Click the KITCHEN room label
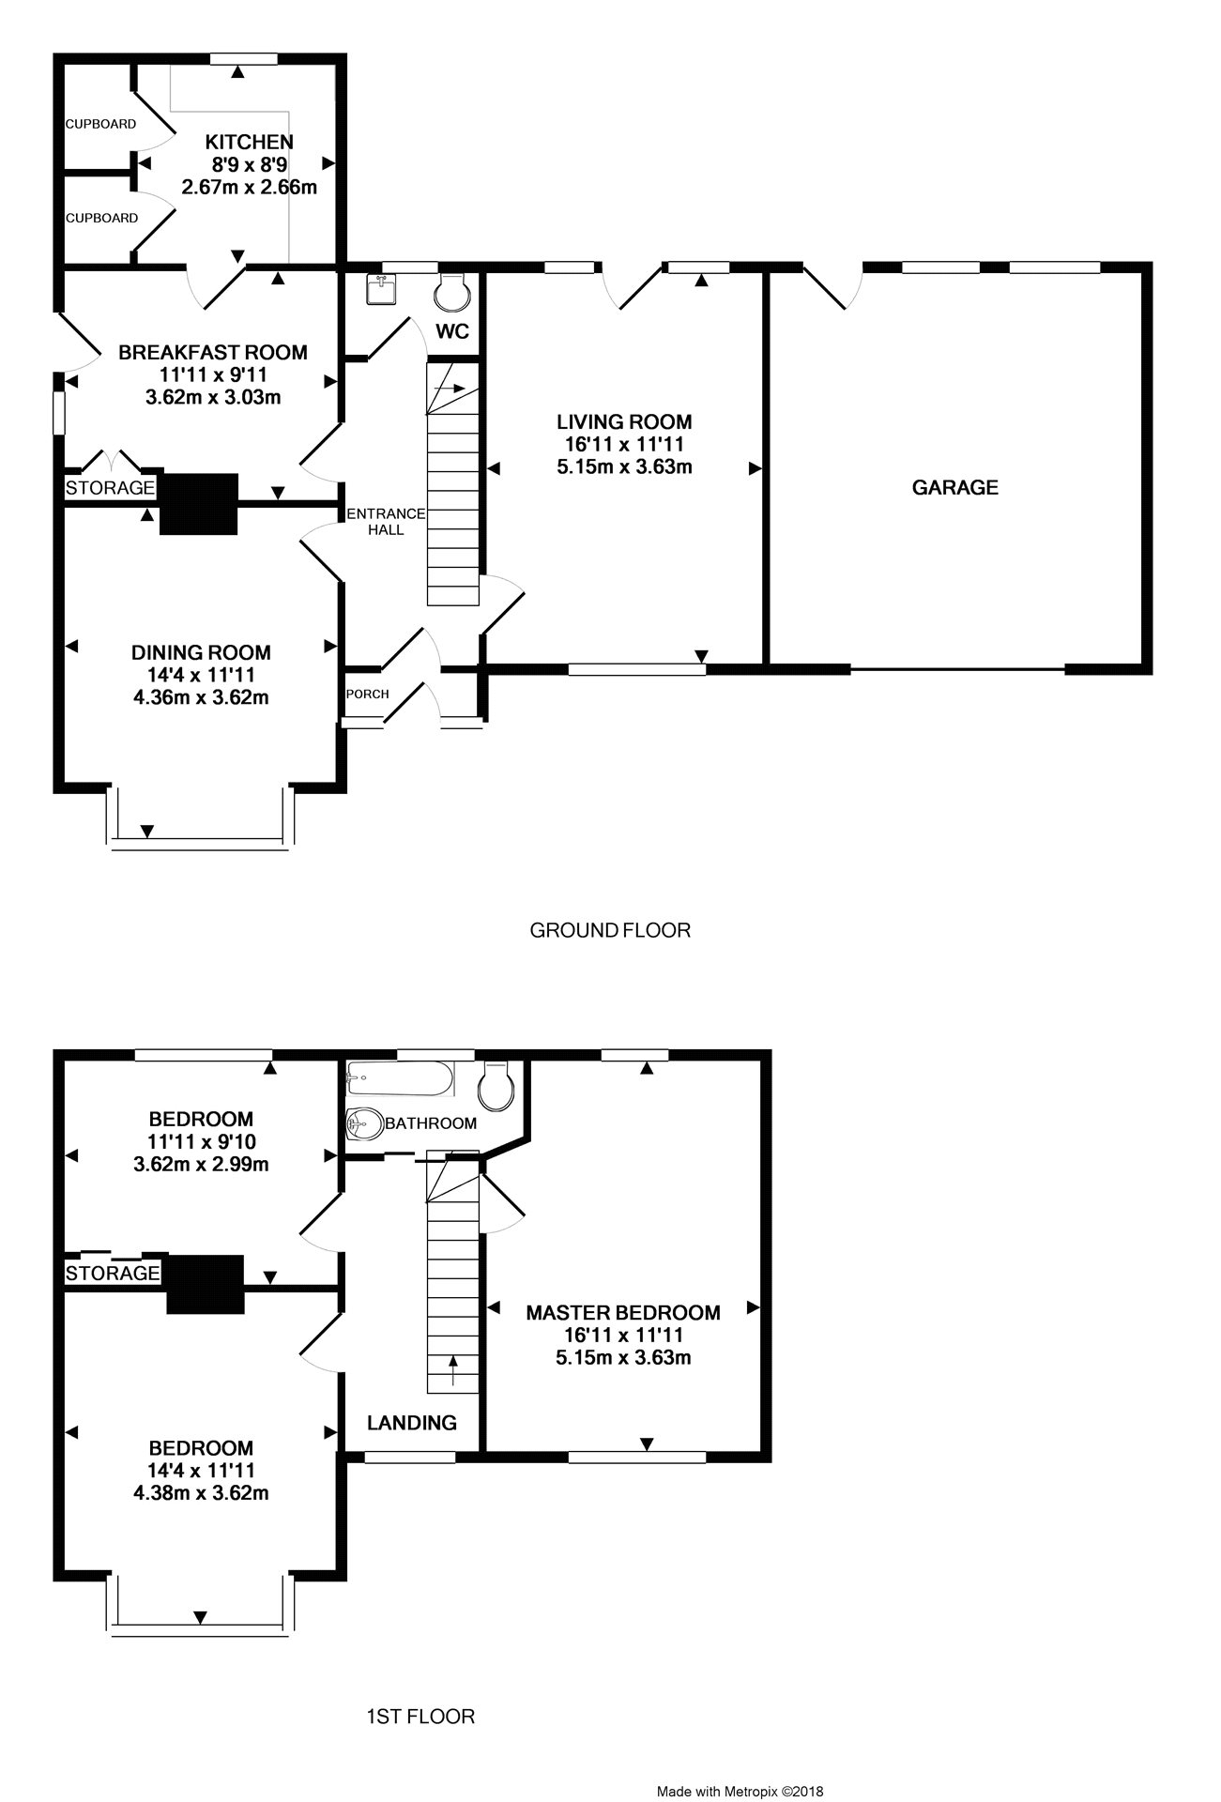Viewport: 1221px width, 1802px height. click(x=250, y=142)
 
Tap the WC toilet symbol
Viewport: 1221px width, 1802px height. click(x=451, y=291)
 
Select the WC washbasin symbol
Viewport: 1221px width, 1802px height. click(x=383, y=291)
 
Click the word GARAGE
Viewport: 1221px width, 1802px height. click(x=955, y=487)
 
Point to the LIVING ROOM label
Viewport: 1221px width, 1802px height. click(x=624, y=421)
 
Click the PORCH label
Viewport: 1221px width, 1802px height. click(x=367, y=695)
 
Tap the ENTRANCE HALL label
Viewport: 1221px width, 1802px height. click(x=386, y=522)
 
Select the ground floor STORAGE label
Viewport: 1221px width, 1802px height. click(x=110, y=488)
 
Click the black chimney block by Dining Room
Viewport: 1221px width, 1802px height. click(x=199, y=504)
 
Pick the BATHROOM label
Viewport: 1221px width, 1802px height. click(x=431, y=1123)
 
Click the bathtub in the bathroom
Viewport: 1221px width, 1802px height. click(x=400, y=1078)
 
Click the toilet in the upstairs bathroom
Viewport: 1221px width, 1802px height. click(x=496, y=1084)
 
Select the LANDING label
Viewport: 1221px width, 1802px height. click(x=412, y=1423)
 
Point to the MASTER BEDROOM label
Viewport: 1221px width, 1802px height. click(x=623, y=1312)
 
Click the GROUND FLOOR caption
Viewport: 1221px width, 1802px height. click(x=610, y=930)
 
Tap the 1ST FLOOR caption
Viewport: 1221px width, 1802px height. click(x=420, y=1717)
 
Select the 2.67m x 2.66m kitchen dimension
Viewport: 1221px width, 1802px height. click(x=250, y=187)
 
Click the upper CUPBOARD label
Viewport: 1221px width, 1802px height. click(x=100, y=124)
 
